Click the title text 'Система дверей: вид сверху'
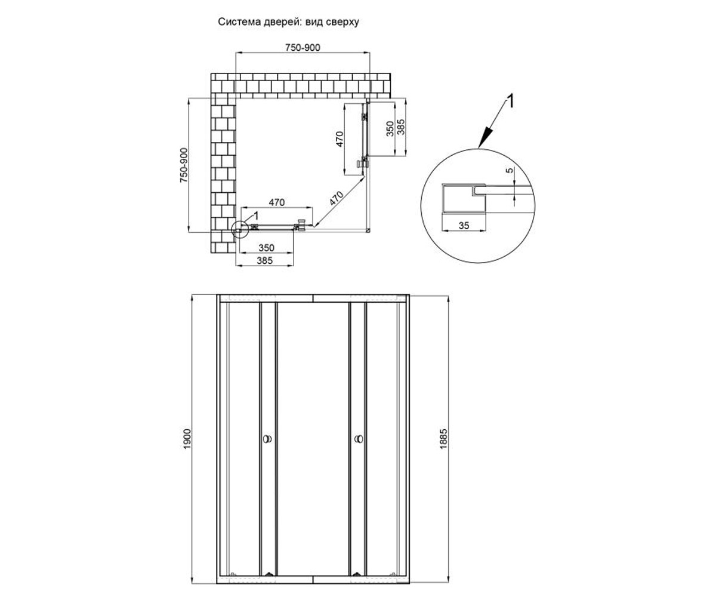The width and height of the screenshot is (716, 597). (x=288, y=22)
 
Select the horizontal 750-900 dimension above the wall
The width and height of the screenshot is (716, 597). (x=303, y=48)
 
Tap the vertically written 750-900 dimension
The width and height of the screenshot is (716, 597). (x=184, y=165)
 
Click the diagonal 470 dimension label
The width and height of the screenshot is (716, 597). (x=336, y=198)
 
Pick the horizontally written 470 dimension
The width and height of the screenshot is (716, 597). (x=277, y=202)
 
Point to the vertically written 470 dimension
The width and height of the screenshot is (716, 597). (x=340, y=139)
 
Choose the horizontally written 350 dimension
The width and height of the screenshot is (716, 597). (x=267, y=248)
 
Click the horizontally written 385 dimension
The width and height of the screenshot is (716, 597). (x=265, y=260)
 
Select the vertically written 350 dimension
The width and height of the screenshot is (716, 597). (x=390, y=129)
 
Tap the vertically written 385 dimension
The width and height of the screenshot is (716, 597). (x=400, y=127)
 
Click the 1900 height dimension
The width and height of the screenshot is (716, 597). (x=187, y=439)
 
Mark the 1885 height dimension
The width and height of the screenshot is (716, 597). (x=443, y=439)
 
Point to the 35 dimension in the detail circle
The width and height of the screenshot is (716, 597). (x=464, y=226)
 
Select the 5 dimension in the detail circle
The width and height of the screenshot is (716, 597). (x=510, y=170)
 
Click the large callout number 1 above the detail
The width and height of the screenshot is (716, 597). (x=511, y=101)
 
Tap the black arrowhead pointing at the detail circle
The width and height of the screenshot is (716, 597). (x=485, y=139)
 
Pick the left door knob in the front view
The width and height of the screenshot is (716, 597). (x=267, y=439)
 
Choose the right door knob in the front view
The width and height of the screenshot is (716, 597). (x=359, y=439)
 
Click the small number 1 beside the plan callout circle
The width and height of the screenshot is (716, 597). (x=255, y=216)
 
